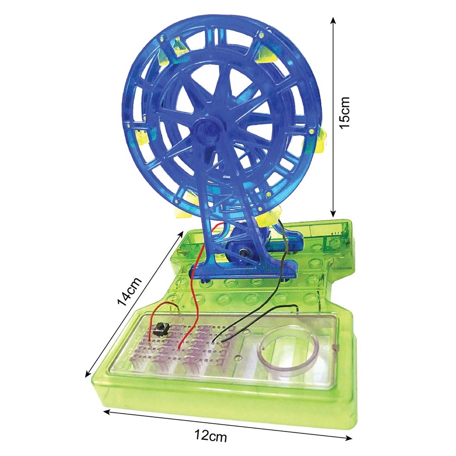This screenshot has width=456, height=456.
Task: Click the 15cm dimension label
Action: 345,112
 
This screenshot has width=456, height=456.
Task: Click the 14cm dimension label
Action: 129,291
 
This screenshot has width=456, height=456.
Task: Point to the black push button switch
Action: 160,329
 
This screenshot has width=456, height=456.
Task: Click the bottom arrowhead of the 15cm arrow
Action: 333,213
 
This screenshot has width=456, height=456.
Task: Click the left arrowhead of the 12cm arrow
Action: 108,411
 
